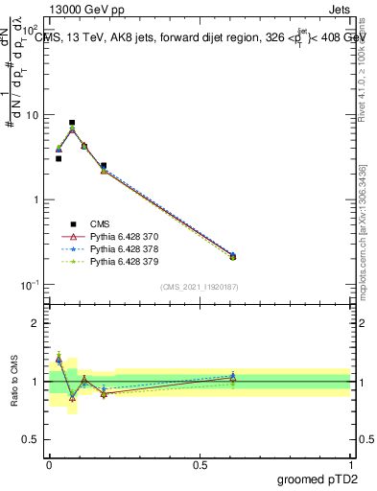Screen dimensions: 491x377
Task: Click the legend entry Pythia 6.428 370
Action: [x=122, y=236]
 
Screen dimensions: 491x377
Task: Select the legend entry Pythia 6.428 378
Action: [x=122, y=248]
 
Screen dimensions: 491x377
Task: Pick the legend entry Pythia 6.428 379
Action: [x=122, y=261]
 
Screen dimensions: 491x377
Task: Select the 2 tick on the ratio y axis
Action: [x=36, y=323]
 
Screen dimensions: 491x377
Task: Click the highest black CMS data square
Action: [x=72, y=123]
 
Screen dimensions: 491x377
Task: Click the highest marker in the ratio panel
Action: [x=59, y=358]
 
